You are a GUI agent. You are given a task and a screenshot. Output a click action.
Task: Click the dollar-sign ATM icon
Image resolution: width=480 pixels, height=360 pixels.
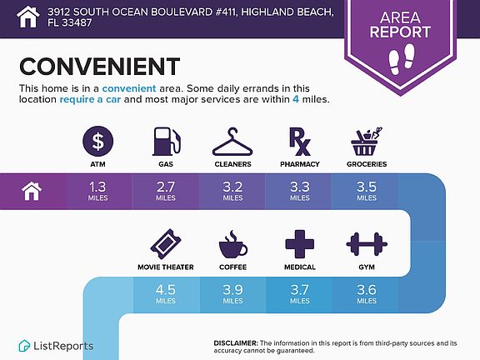[x=98, y=141]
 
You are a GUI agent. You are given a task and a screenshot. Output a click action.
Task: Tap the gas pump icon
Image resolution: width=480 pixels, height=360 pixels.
[x=166, y=141]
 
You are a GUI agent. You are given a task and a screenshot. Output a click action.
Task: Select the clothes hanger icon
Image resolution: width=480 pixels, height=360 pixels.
[x=232, y=142]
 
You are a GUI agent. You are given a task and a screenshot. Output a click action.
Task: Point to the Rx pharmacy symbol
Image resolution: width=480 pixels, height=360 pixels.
[x=300, y=142]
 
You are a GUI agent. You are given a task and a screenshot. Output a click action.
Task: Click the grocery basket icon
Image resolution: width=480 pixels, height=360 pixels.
[x=366, y=142]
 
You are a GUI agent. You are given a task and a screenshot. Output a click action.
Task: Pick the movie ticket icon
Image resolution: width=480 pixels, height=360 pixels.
[x=166, y=244]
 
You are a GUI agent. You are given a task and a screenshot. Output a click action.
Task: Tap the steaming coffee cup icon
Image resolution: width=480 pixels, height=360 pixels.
[x=233, y=244]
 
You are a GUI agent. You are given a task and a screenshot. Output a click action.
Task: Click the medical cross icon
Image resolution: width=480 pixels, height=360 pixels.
[x=300, y=244]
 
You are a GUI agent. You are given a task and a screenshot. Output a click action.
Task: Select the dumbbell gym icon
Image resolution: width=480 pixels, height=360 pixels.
[x=367, y=244]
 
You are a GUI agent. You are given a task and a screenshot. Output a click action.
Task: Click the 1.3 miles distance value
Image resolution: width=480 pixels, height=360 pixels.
[x=98, y=191]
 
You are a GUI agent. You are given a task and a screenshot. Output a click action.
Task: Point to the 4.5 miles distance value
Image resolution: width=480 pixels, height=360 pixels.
[x=166, y=294]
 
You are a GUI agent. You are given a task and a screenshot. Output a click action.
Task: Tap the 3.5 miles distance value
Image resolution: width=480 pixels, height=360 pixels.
[x=367, y=191]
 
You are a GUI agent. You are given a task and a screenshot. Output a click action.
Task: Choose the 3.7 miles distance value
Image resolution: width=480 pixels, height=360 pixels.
[x=300, y=294]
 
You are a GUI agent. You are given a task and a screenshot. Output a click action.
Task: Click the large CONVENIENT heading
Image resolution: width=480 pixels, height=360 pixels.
[x=99, y=67]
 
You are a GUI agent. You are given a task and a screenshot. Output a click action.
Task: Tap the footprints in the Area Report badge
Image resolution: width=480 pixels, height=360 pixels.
[x=402, y=59]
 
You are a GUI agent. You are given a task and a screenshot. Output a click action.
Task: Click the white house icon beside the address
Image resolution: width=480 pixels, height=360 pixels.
[x=27, y=17]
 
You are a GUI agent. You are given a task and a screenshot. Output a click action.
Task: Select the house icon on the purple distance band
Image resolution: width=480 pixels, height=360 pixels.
[x=32, y=192]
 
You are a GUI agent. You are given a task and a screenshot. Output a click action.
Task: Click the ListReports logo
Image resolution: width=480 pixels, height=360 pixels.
[x=56, y=346]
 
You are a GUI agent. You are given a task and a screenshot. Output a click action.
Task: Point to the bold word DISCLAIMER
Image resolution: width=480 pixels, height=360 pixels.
[x=236, y=343]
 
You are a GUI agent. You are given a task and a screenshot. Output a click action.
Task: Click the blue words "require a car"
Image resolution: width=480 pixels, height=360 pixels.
[x=90, y=99]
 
